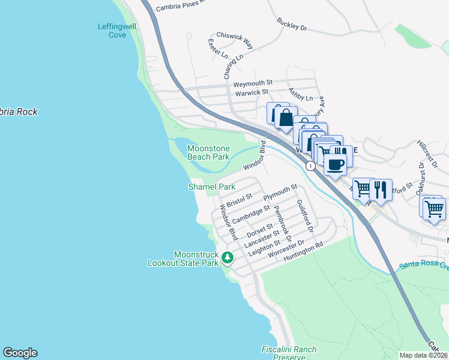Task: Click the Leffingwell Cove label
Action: pos(112,31)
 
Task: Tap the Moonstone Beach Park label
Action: pos(208,152)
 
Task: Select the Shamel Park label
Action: pos(212,187)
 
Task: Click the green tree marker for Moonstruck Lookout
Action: pos(227,257)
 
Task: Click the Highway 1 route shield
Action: pos(310,165)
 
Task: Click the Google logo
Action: pos(20,353)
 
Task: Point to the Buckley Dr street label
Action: pos(292,25)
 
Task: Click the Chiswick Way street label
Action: pos(235,40)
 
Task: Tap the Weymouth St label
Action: pos(253,82)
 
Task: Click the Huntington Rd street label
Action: pos(304,249)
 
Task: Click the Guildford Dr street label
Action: pos(306,217)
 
